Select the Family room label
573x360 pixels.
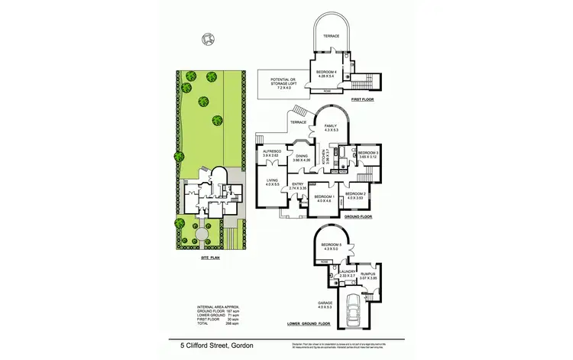330,125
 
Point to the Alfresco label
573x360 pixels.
270,152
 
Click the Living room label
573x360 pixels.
270,180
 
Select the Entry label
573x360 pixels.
297,183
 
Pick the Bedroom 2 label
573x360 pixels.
355,194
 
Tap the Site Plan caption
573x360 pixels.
210,258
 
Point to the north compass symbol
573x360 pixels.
206,39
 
